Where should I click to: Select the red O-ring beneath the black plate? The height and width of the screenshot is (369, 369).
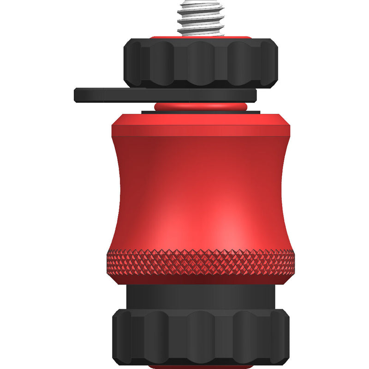201,107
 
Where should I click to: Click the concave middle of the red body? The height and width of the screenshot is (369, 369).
201,184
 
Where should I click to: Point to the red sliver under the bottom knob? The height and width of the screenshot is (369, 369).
201,367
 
